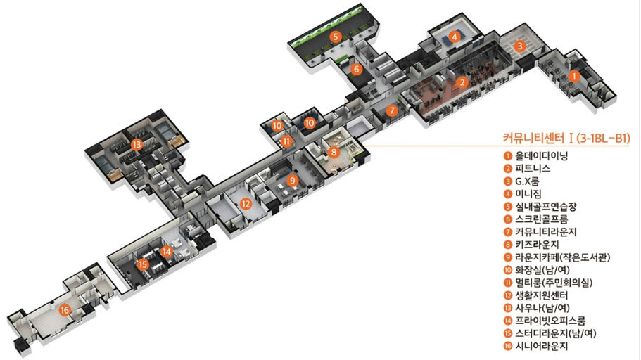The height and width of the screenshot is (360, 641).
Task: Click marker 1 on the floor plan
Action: (574, 76)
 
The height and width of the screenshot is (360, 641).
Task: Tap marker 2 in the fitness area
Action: (462, 82)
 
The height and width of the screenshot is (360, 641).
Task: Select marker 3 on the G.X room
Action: (520, 46)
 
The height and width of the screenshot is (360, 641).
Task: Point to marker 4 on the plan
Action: (454, 37)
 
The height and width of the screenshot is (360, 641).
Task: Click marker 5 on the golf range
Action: (335, 37)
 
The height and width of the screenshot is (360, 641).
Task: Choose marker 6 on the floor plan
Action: (357, 69)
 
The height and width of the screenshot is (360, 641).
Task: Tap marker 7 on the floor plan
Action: (392, 110)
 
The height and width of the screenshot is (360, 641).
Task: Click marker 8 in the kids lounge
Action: (334, 153)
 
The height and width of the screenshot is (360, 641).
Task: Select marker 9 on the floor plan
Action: (292, 180)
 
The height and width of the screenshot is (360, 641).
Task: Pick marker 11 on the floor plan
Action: (286, 142)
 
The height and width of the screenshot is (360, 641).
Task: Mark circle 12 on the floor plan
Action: (246, 203)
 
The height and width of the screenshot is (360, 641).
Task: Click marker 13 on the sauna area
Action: (136, 144)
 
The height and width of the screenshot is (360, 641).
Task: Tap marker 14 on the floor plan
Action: (166, 252)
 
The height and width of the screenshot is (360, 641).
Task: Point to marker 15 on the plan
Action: (142, 265)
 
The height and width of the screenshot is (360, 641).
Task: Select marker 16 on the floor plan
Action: (65, 310)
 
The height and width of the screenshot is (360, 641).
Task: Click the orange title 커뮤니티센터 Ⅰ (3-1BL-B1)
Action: (566, 138)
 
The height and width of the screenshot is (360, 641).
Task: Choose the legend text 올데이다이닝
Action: (541, 155)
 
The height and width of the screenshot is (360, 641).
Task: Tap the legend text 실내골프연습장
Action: (546, 206)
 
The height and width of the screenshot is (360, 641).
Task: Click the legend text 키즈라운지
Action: (537, 245)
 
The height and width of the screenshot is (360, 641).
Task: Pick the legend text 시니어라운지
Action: (541, 346)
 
